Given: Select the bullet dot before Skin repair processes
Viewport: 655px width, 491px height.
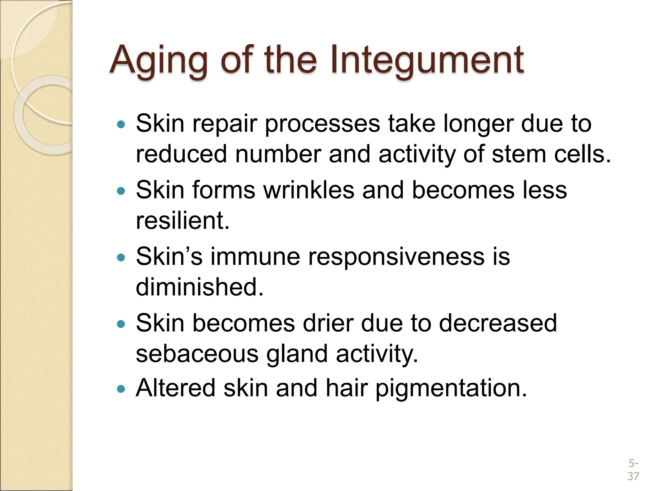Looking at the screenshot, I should (121, 124).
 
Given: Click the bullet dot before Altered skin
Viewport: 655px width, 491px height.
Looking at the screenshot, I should (121, 389).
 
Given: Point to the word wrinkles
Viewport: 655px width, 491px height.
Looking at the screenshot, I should (309, 190).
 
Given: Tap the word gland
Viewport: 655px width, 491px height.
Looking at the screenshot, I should (297, 354).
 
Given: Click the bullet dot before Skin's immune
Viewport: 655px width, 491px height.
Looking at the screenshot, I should (121, 257).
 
